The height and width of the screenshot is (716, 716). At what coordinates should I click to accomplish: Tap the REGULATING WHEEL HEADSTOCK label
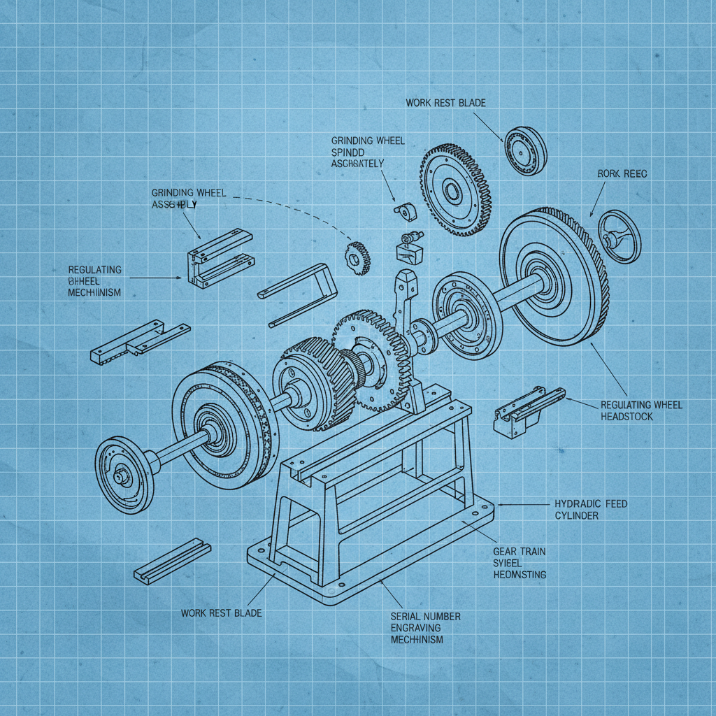pyautogui.click(x=641, y=410)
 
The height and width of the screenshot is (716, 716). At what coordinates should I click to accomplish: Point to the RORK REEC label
pyautogui.click(x=622, y=173)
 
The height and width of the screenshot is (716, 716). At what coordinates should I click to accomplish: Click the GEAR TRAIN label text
pyautogui.click(x=519, y=552)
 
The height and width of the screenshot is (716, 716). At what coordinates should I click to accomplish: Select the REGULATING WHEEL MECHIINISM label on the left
pyautogui.click(x=94, y=281)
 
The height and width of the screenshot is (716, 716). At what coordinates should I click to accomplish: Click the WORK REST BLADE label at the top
pyautogui.click(x=445, y=103)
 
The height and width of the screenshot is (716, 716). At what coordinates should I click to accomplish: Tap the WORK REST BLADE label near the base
pyautogui.click(x=221, y=613)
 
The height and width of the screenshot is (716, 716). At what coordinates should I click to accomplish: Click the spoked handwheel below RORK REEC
pyautogui.click(x=620, y=236)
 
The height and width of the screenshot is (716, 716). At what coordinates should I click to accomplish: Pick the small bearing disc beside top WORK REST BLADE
pyautogui.click(x=525, y=151)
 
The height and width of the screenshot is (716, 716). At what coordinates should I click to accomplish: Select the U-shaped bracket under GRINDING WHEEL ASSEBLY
pyautogui.click(x=217, y=258)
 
